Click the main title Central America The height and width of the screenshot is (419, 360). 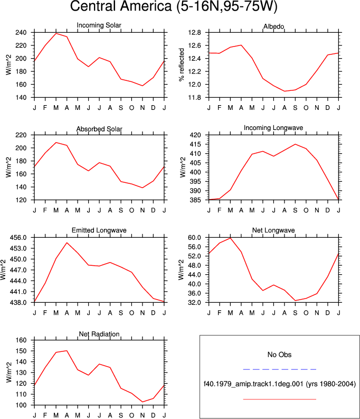(121, 6)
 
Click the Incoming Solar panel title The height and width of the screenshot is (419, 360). (99, 25)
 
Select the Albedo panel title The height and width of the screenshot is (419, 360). (273, 26)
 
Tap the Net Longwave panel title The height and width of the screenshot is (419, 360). (273, 230)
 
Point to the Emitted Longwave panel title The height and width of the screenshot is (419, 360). (99, 230)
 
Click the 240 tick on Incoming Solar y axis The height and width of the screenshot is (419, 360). (21, 33)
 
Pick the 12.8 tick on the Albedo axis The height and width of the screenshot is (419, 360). (195, 33)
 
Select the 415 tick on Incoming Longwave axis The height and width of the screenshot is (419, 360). (195, 144)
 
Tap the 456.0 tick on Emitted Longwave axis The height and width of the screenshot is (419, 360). (18, 238)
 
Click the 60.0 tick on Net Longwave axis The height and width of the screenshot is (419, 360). (195, 238)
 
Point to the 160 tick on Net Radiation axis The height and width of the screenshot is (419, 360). (21, 340)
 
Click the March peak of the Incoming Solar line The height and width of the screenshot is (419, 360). (56, 33)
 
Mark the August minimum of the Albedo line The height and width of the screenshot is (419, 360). (285, 91)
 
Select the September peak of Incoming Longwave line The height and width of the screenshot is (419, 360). (295, 144)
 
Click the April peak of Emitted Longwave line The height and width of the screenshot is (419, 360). (67, 243)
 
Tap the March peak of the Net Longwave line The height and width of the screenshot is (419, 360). (230, 238)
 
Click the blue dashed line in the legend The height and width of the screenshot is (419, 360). (279, 369)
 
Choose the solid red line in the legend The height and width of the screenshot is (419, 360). (279, 399)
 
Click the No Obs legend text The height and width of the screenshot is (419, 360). (279, 355)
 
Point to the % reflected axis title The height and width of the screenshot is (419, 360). (182, 64)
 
